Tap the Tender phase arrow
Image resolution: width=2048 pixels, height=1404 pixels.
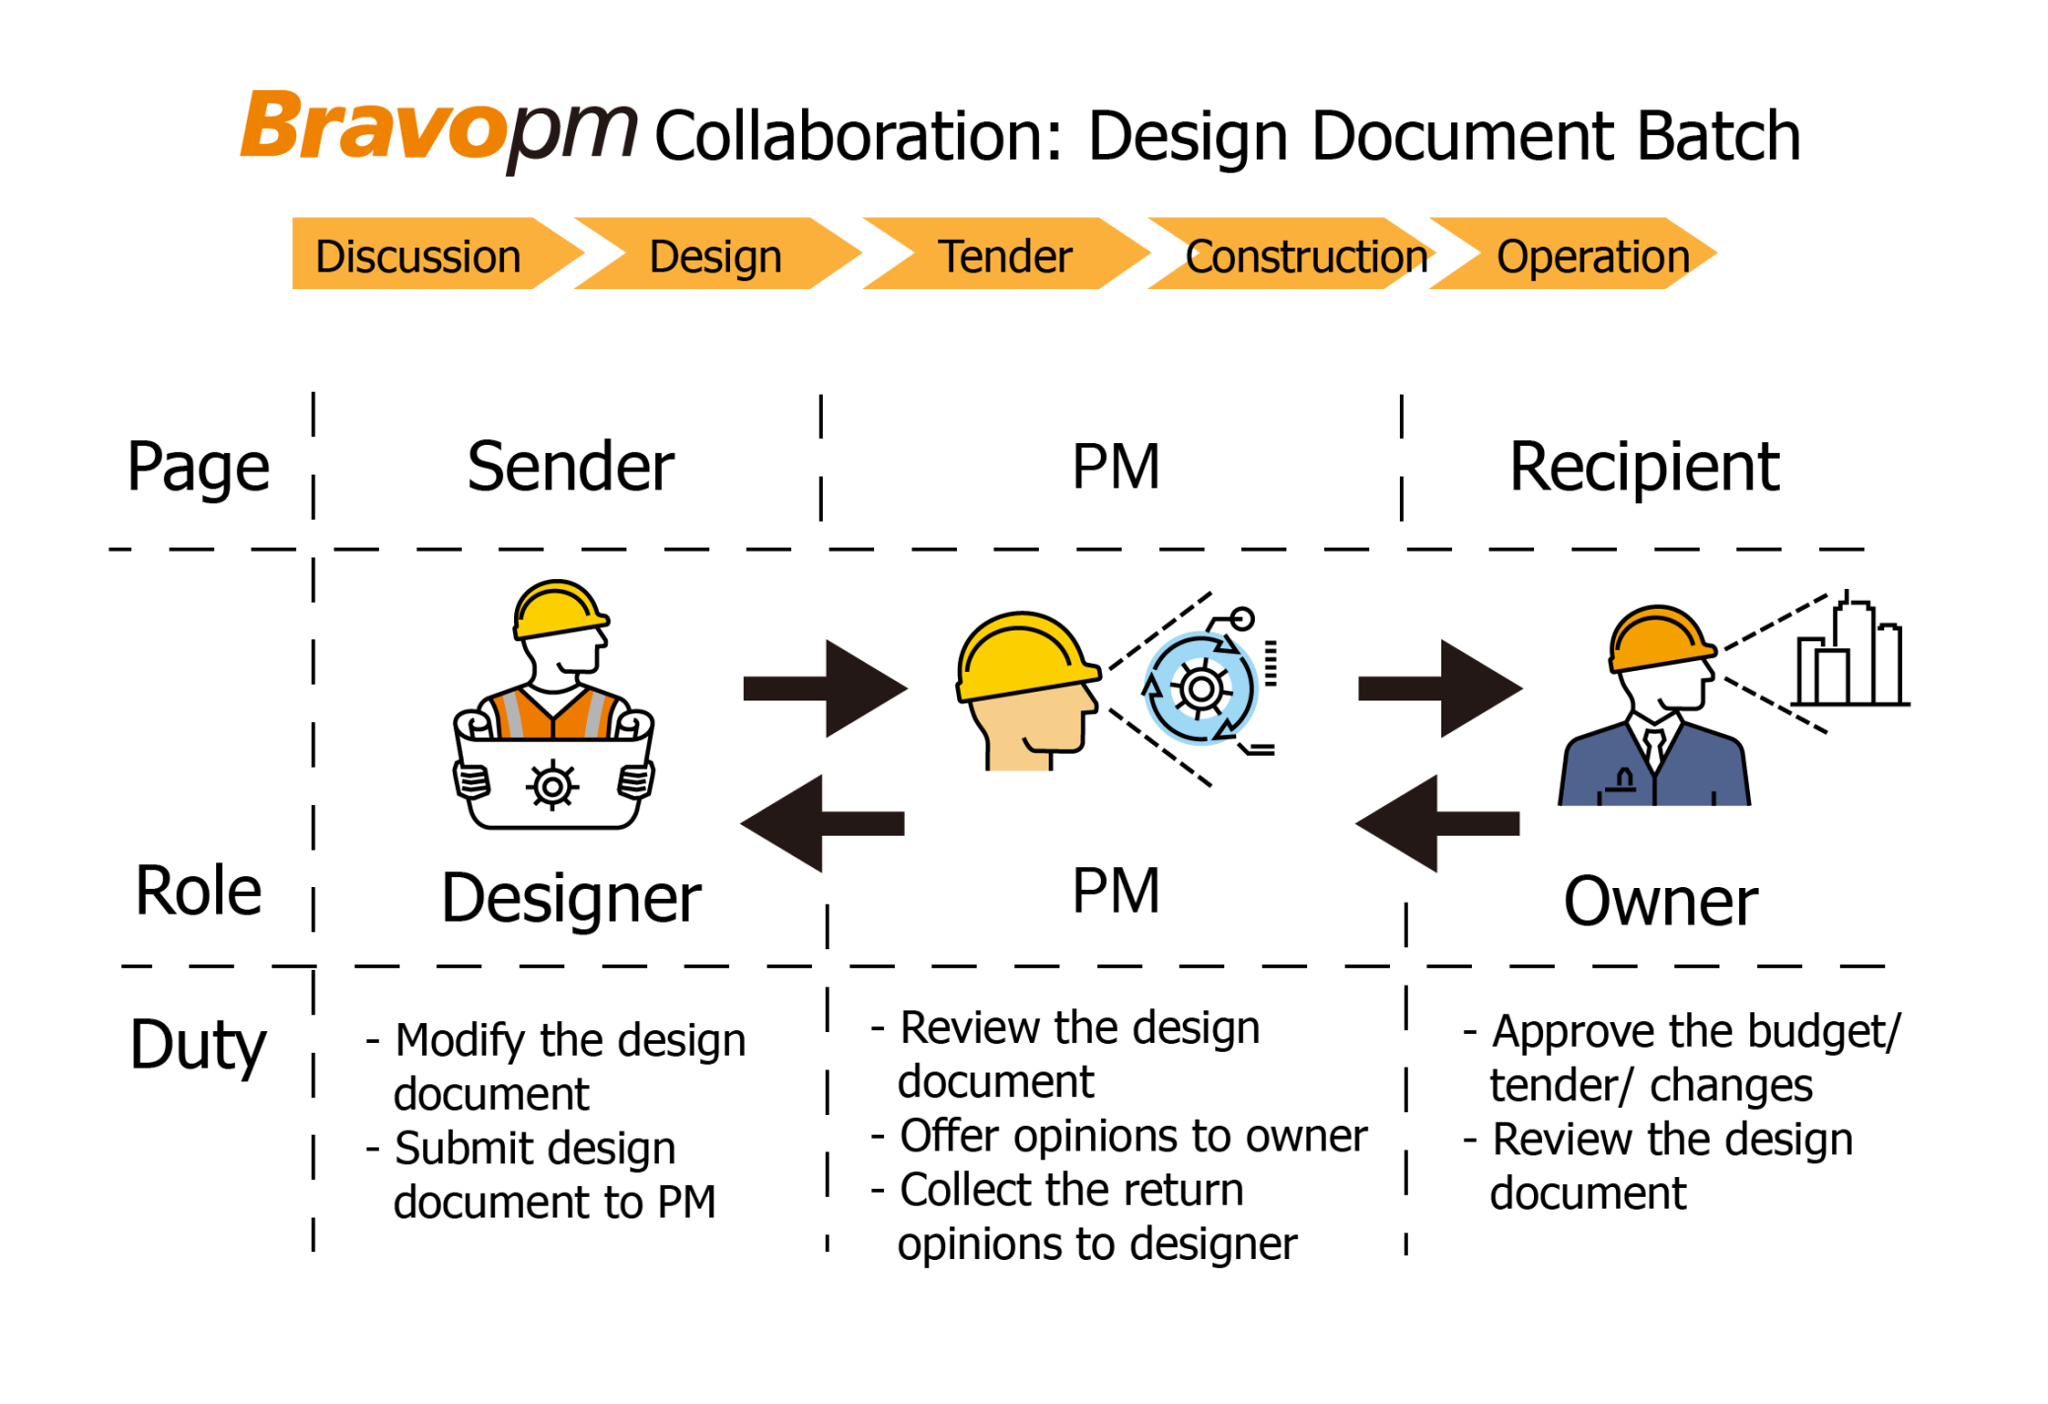(1003, 256)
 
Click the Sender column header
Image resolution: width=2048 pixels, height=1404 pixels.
(570, 466)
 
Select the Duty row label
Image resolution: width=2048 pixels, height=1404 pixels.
(197, 1044)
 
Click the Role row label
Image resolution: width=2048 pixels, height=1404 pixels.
(197, 890)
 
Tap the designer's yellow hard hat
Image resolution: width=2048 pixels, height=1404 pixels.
(557, 609)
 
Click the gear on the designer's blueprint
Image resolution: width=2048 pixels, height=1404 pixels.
(552, 786)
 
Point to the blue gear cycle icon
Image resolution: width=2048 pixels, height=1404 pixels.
(1200, 688)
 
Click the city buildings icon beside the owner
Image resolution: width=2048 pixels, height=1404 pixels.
(1848, 656)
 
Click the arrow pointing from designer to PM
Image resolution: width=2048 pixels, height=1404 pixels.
(824, 688)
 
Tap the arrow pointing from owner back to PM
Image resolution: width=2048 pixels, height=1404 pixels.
(1437, 823)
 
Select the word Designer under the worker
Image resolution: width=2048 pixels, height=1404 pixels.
(570, 898)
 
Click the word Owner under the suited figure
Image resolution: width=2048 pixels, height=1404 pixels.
(1659, 901)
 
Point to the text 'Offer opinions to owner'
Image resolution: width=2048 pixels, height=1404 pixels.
(1133, 1136)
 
